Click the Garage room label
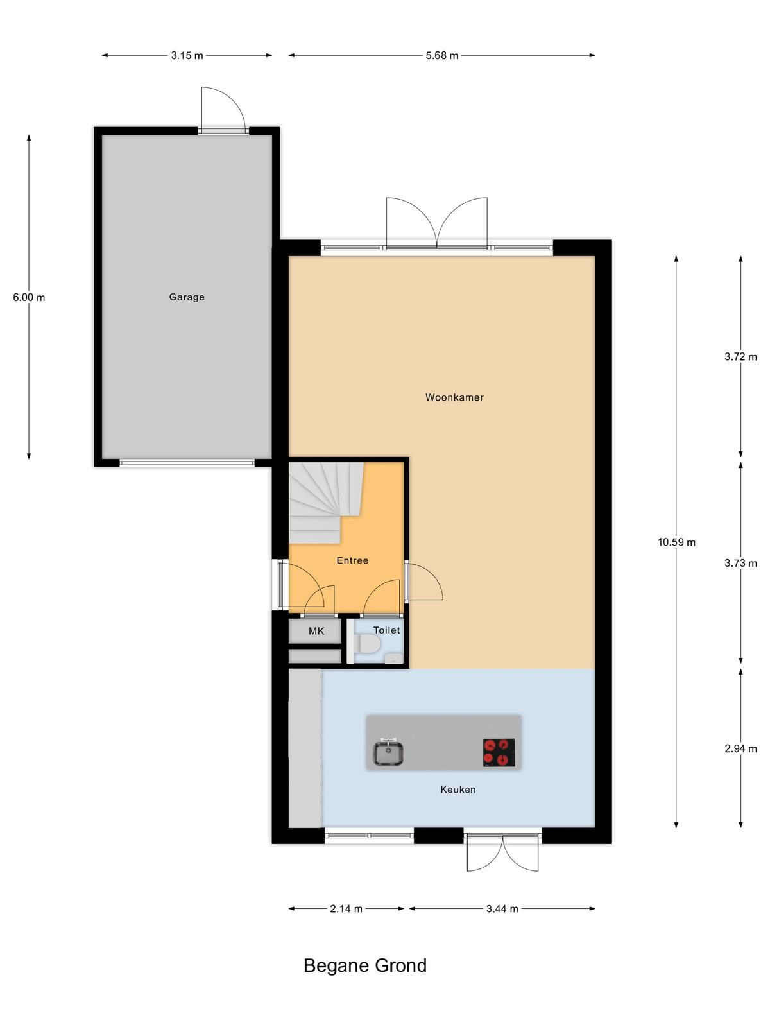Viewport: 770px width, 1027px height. [187, 297]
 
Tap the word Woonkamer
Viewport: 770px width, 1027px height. [454, 397]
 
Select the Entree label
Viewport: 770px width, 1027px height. [352, 560]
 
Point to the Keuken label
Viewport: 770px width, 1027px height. [458, 790]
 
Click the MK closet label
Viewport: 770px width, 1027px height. [316, 631]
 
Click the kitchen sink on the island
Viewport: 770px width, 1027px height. [388, 752]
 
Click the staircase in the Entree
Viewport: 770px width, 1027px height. [326, 503]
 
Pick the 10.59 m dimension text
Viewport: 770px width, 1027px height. [676, 542]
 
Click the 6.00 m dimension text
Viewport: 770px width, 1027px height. [29, 297]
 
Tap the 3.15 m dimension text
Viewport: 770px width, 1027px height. [187, 56]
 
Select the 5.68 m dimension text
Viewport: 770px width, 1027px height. [442, 56]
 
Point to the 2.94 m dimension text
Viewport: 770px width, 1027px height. [741, 748]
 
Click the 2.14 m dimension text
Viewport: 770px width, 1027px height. [346, 909]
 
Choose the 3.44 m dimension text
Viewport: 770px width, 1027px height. [502, 909]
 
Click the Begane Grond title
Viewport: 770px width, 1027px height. [365, 966]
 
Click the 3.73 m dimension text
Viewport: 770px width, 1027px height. [741, 564]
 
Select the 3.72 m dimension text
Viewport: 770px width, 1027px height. [741, 357]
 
